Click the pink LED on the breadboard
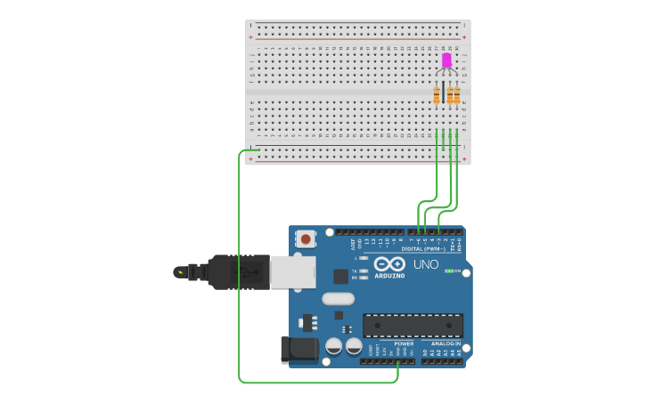(446, 60)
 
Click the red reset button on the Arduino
(306, 238)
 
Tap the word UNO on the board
(426, 264)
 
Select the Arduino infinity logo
(389, 264)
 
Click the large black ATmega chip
(413, 325)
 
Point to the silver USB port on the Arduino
(291, 272)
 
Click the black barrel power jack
(298, 350)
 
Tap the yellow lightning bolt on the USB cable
(181, 272)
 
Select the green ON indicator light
(450, 270)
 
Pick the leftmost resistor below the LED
(437, 94)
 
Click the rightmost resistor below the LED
(456, 94)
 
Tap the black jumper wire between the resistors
(443, 93)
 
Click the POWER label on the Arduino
(403, 343)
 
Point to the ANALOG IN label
(446, 343)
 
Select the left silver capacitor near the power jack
(334, 345)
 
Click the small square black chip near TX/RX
(340, 276)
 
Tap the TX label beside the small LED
(354, 270)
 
